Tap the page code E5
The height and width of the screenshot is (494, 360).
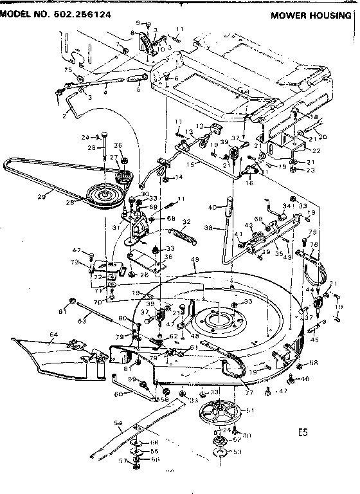302,432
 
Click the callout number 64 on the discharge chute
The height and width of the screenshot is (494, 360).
54,334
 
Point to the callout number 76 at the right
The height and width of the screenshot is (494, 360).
314,244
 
